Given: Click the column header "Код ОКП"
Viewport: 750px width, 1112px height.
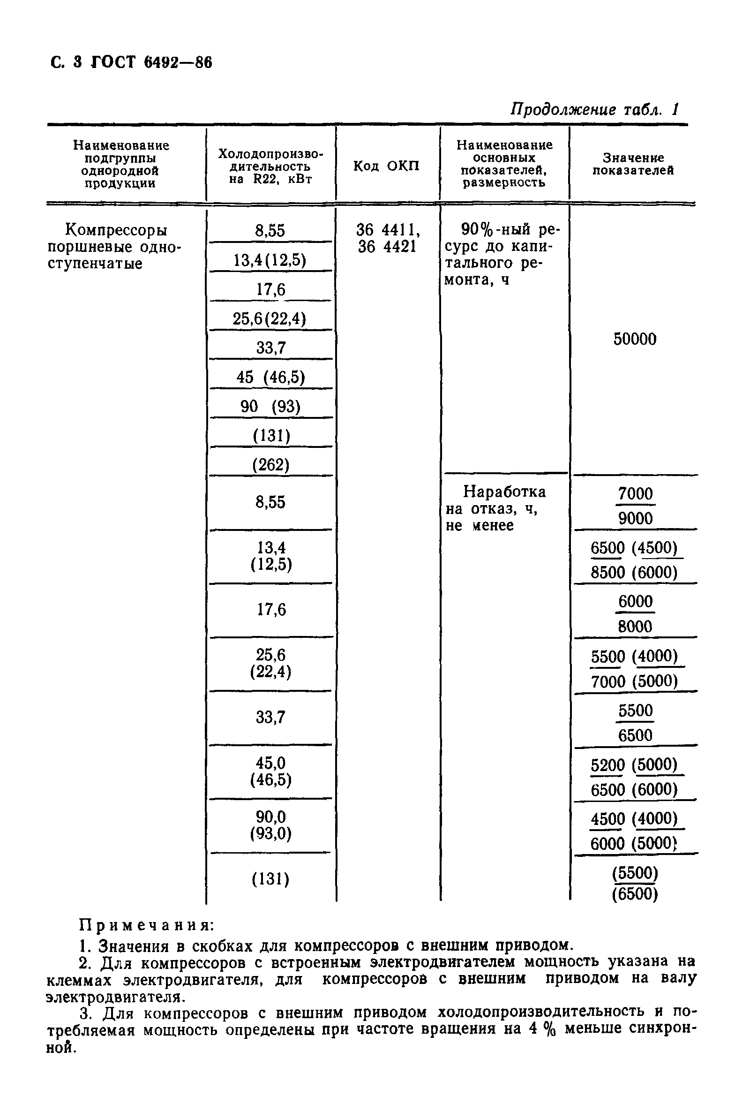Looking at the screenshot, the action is coord(386,166).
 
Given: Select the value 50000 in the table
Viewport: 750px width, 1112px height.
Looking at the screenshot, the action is coord(635,339).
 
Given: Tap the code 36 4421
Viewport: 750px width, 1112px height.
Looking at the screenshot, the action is coord(387,247).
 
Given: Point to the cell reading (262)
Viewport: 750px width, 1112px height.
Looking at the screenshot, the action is coord(271,465).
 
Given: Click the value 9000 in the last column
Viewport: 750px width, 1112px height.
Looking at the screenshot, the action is coord(635,518).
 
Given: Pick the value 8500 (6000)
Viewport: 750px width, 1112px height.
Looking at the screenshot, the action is coord(634,572).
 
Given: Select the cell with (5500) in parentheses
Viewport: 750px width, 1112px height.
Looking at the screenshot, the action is coord(635,873).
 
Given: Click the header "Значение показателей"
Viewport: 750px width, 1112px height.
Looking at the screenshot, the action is coord(633,164).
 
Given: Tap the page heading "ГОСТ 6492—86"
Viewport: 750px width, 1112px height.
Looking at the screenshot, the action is coord(151,63).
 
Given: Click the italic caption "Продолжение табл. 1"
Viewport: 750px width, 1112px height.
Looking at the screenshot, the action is coord(594,110).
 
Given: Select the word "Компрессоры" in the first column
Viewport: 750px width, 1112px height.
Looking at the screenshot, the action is coord(116,231).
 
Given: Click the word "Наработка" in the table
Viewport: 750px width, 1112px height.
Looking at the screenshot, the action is coord(505,492).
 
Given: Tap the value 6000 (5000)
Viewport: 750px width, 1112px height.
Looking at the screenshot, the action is coord(634,844).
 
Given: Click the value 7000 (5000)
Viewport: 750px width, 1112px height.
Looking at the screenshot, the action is coord(634,681).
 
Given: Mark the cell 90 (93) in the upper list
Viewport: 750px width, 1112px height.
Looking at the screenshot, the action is coord(271,407).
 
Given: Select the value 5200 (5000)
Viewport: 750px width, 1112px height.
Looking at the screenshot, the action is coord(634,765).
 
